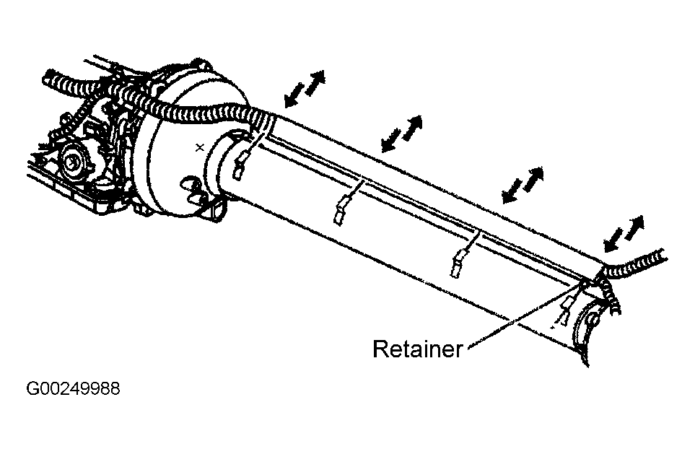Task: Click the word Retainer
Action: pos(417,349)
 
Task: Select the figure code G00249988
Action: pos(73,388)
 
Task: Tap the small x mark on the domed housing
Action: pos(200,147)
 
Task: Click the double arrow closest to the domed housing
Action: pos(305,89)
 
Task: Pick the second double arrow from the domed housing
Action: pos(401,134)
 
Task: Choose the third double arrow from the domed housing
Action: pos(523,186)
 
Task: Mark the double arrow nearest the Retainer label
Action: pos(624,234)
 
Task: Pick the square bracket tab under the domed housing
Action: pos(217,208)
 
